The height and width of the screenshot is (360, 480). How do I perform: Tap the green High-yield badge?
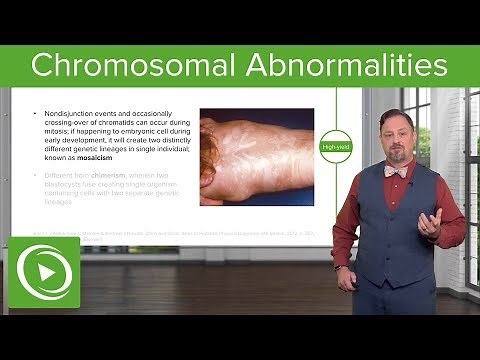[x=334, y=147]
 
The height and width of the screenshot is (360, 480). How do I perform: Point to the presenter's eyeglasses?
[x=395, y=130]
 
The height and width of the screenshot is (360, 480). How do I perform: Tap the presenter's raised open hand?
[x=431, y=221]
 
